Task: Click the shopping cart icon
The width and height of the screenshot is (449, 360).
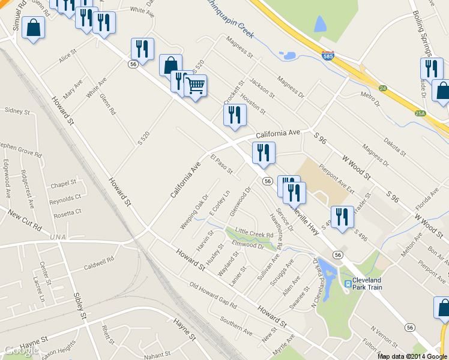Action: (x=195, y=87)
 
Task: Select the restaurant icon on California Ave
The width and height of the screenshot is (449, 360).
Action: (x=235, y=115)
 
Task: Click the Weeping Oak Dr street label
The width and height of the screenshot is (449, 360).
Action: (x=194, y=211)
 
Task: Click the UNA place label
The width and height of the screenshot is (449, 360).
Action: (x=59, y=238)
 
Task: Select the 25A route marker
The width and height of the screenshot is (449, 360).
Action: (x=420, y=112)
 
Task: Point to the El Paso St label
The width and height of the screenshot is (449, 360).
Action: (x=221, y=164)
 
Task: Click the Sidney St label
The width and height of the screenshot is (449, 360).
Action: (x=17, y=111)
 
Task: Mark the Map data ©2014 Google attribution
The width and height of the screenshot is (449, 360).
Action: (x=412, y=356)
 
